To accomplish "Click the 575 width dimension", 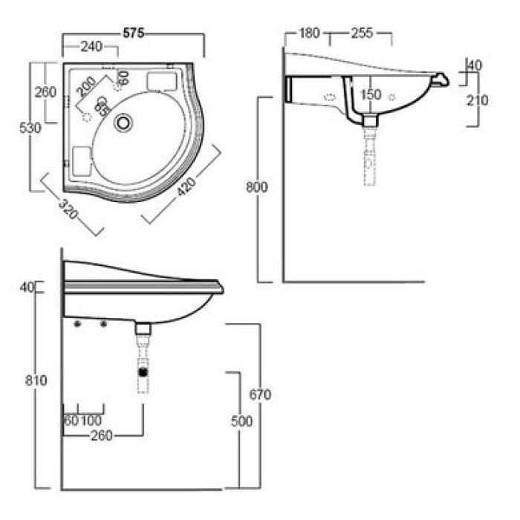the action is pyautogui.click(x=133, y=33).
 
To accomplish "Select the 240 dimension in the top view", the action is pyautogui.click(x=91, y=46).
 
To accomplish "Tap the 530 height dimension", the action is pyautogui.click(x=30, y=128).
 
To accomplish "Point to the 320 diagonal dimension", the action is pyautogui.click(x=68, y=209).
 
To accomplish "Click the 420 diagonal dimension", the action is pyautogui.click(x=186, y=186).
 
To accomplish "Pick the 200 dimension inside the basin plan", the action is pyautogui.click(x=86, y=86).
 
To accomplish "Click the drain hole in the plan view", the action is pyautogui.click(x=123, y=123).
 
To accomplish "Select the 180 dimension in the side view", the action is pyautogui.click(x=309, y=33).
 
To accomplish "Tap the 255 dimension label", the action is pyautogui.click(x=362, y=33).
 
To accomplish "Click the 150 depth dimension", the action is pyautogui.click(x=371, y=95).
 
